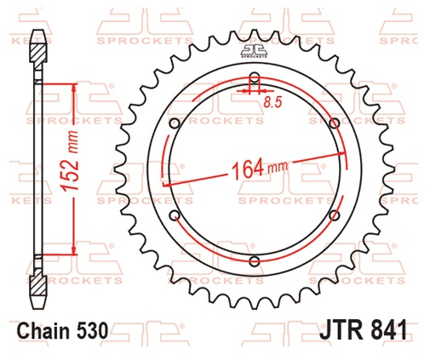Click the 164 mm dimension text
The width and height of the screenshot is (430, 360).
[260, 169]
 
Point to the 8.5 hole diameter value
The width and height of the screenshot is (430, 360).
[272, 102]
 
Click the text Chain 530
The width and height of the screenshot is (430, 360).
[62, 331]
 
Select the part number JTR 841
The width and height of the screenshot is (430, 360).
[363, 330]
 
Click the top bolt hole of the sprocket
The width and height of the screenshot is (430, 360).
[255, 77]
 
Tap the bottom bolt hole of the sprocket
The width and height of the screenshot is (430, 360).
[255, 261]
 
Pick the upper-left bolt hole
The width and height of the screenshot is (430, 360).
[175, 123]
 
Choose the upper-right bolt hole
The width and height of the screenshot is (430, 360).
[335, 123]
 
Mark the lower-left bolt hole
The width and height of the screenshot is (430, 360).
[175, 215]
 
